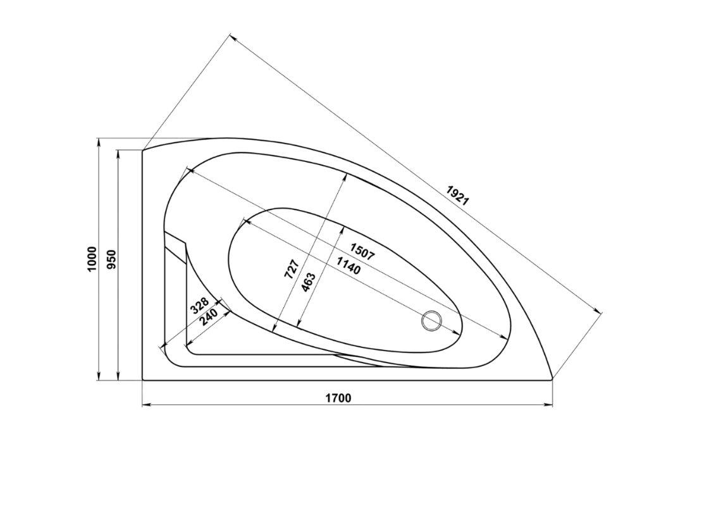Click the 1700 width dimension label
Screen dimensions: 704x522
tap(338, 398)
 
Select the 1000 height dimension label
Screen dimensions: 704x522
tap(92, 259)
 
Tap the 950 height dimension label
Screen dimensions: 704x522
tap(112, 259)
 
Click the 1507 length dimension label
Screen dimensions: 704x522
tap(362, 252)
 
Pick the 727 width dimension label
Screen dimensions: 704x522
tap(292, 269)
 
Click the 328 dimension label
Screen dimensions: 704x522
tap(199, 306)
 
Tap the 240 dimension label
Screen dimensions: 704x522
tap(209, 317)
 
